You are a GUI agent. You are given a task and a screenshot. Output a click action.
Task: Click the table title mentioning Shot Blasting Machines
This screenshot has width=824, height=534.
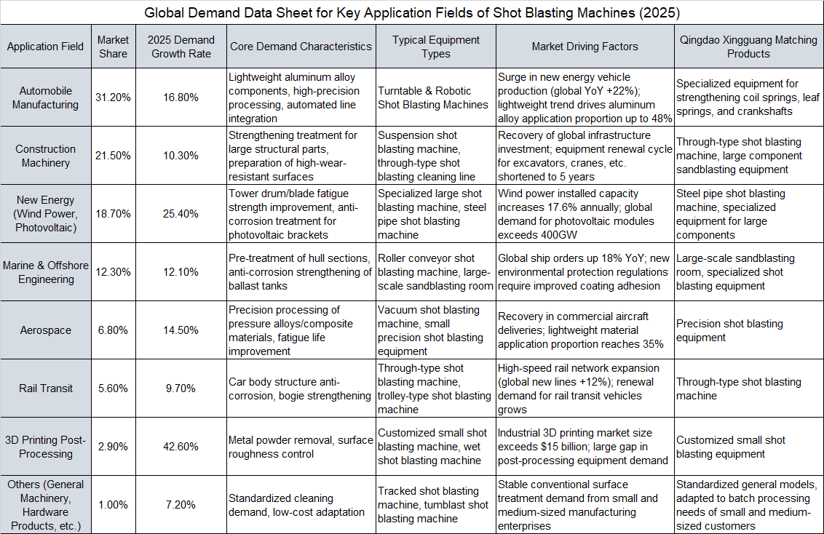point(412,12)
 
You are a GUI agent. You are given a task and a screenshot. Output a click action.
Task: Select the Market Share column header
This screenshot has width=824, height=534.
point(113,47)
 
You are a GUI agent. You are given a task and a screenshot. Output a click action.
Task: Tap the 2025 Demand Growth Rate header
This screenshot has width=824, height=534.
point(181,47)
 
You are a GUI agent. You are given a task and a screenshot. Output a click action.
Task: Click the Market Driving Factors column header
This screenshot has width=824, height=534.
point(585,47)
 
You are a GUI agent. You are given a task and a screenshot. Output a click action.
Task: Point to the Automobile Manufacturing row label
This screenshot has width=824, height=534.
point(46,97)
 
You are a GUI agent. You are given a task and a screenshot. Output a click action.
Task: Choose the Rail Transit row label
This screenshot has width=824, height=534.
point(46,388)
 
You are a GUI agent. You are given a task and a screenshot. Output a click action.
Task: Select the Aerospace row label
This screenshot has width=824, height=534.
point(46,330)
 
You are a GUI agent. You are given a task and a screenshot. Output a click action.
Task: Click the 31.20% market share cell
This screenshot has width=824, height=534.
point(113,97)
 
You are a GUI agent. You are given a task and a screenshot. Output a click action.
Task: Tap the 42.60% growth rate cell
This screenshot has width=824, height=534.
point(181,447)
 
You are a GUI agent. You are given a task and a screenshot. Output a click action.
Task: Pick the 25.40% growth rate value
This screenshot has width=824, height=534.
point(181,214)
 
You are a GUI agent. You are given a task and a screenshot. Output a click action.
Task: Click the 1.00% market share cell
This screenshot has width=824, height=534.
point(113,505)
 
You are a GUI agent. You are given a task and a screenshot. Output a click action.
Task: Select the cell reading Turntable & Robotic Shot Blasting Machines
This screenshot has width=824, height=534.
point(435,97)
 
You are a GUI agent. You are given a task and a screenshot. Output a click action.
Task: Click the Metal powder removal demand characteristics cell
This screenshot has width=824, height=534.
point(300,447)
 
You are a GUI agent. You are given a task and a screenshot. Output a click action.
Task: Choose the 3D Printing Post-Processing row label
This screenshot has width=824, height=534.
point(46,447)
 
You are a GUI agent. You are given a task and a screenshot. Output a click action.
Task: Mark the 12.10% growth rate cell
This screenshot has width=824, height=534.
point(181,272)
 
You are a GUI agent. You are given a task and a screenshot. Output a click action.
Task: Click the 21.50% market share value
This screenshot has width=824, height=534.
point(113,156)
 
